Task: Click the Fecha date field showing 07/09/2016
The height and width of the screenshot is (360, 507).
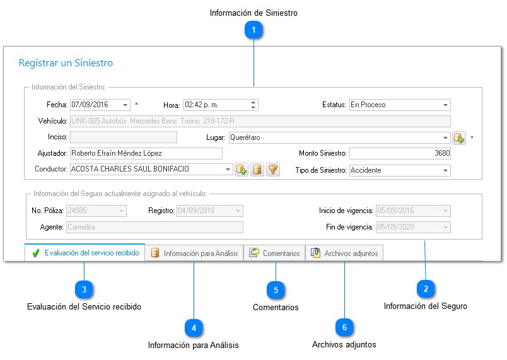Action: (x=100, y=105)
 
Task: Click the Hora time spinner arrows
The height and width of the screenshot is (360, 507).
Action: (x=253, y=105)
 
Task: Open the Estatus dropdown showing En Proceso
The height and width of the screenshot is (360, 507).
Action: (x=400, y=105)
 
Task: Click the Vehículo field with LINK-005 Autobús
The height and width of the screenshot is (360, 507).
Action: (x=260, y=121)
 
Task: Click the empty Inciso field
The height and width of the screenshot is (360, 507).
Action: (x=123, y=137)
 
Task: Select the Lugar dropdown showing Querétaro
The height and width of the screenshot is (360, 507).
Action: (x=339, y=137)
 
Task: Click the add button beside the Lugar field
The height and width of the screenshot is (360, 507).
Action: (x=459, y=138)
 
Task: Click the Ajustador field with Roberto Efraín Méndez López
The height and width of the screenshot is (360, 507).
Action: (x=146, y=153)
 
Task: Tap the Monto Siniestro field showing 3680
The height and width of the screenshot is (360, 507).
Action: (x=400, y=153)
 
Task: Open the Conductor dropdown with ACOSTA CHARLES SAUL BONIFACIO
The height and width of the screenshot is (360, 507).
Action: (x=151, y=169)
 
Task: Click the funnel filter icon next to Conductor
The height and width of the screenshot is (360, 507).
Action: (x=273, y=170)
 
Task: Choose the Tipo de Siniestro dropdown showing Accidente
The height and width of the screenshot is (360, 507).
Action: (x=400, y=170)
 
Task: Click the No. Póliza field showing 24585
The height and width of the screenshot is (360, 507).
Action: (x=96, y=211)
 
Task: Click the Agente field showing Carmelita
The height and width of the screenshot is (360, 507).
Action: (x=154, y=227)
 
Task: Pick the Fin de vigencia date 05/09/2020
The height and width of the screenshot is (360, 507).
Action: (x=413, y=227)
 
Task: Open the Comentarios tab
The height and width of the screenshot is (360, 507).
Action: (x=274, y=253)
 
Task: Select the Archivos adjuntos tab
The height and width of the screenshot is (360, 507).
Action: (x=344, y=253)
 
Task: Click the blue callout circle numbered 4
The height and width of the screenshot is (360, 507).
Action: (x=194, y=328)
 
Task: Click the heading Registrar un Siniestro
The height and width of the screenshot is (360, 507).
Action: (x=66, y=62)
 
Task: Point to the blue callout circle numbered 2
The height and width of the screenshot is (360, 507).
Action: (x=426, y=289)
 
